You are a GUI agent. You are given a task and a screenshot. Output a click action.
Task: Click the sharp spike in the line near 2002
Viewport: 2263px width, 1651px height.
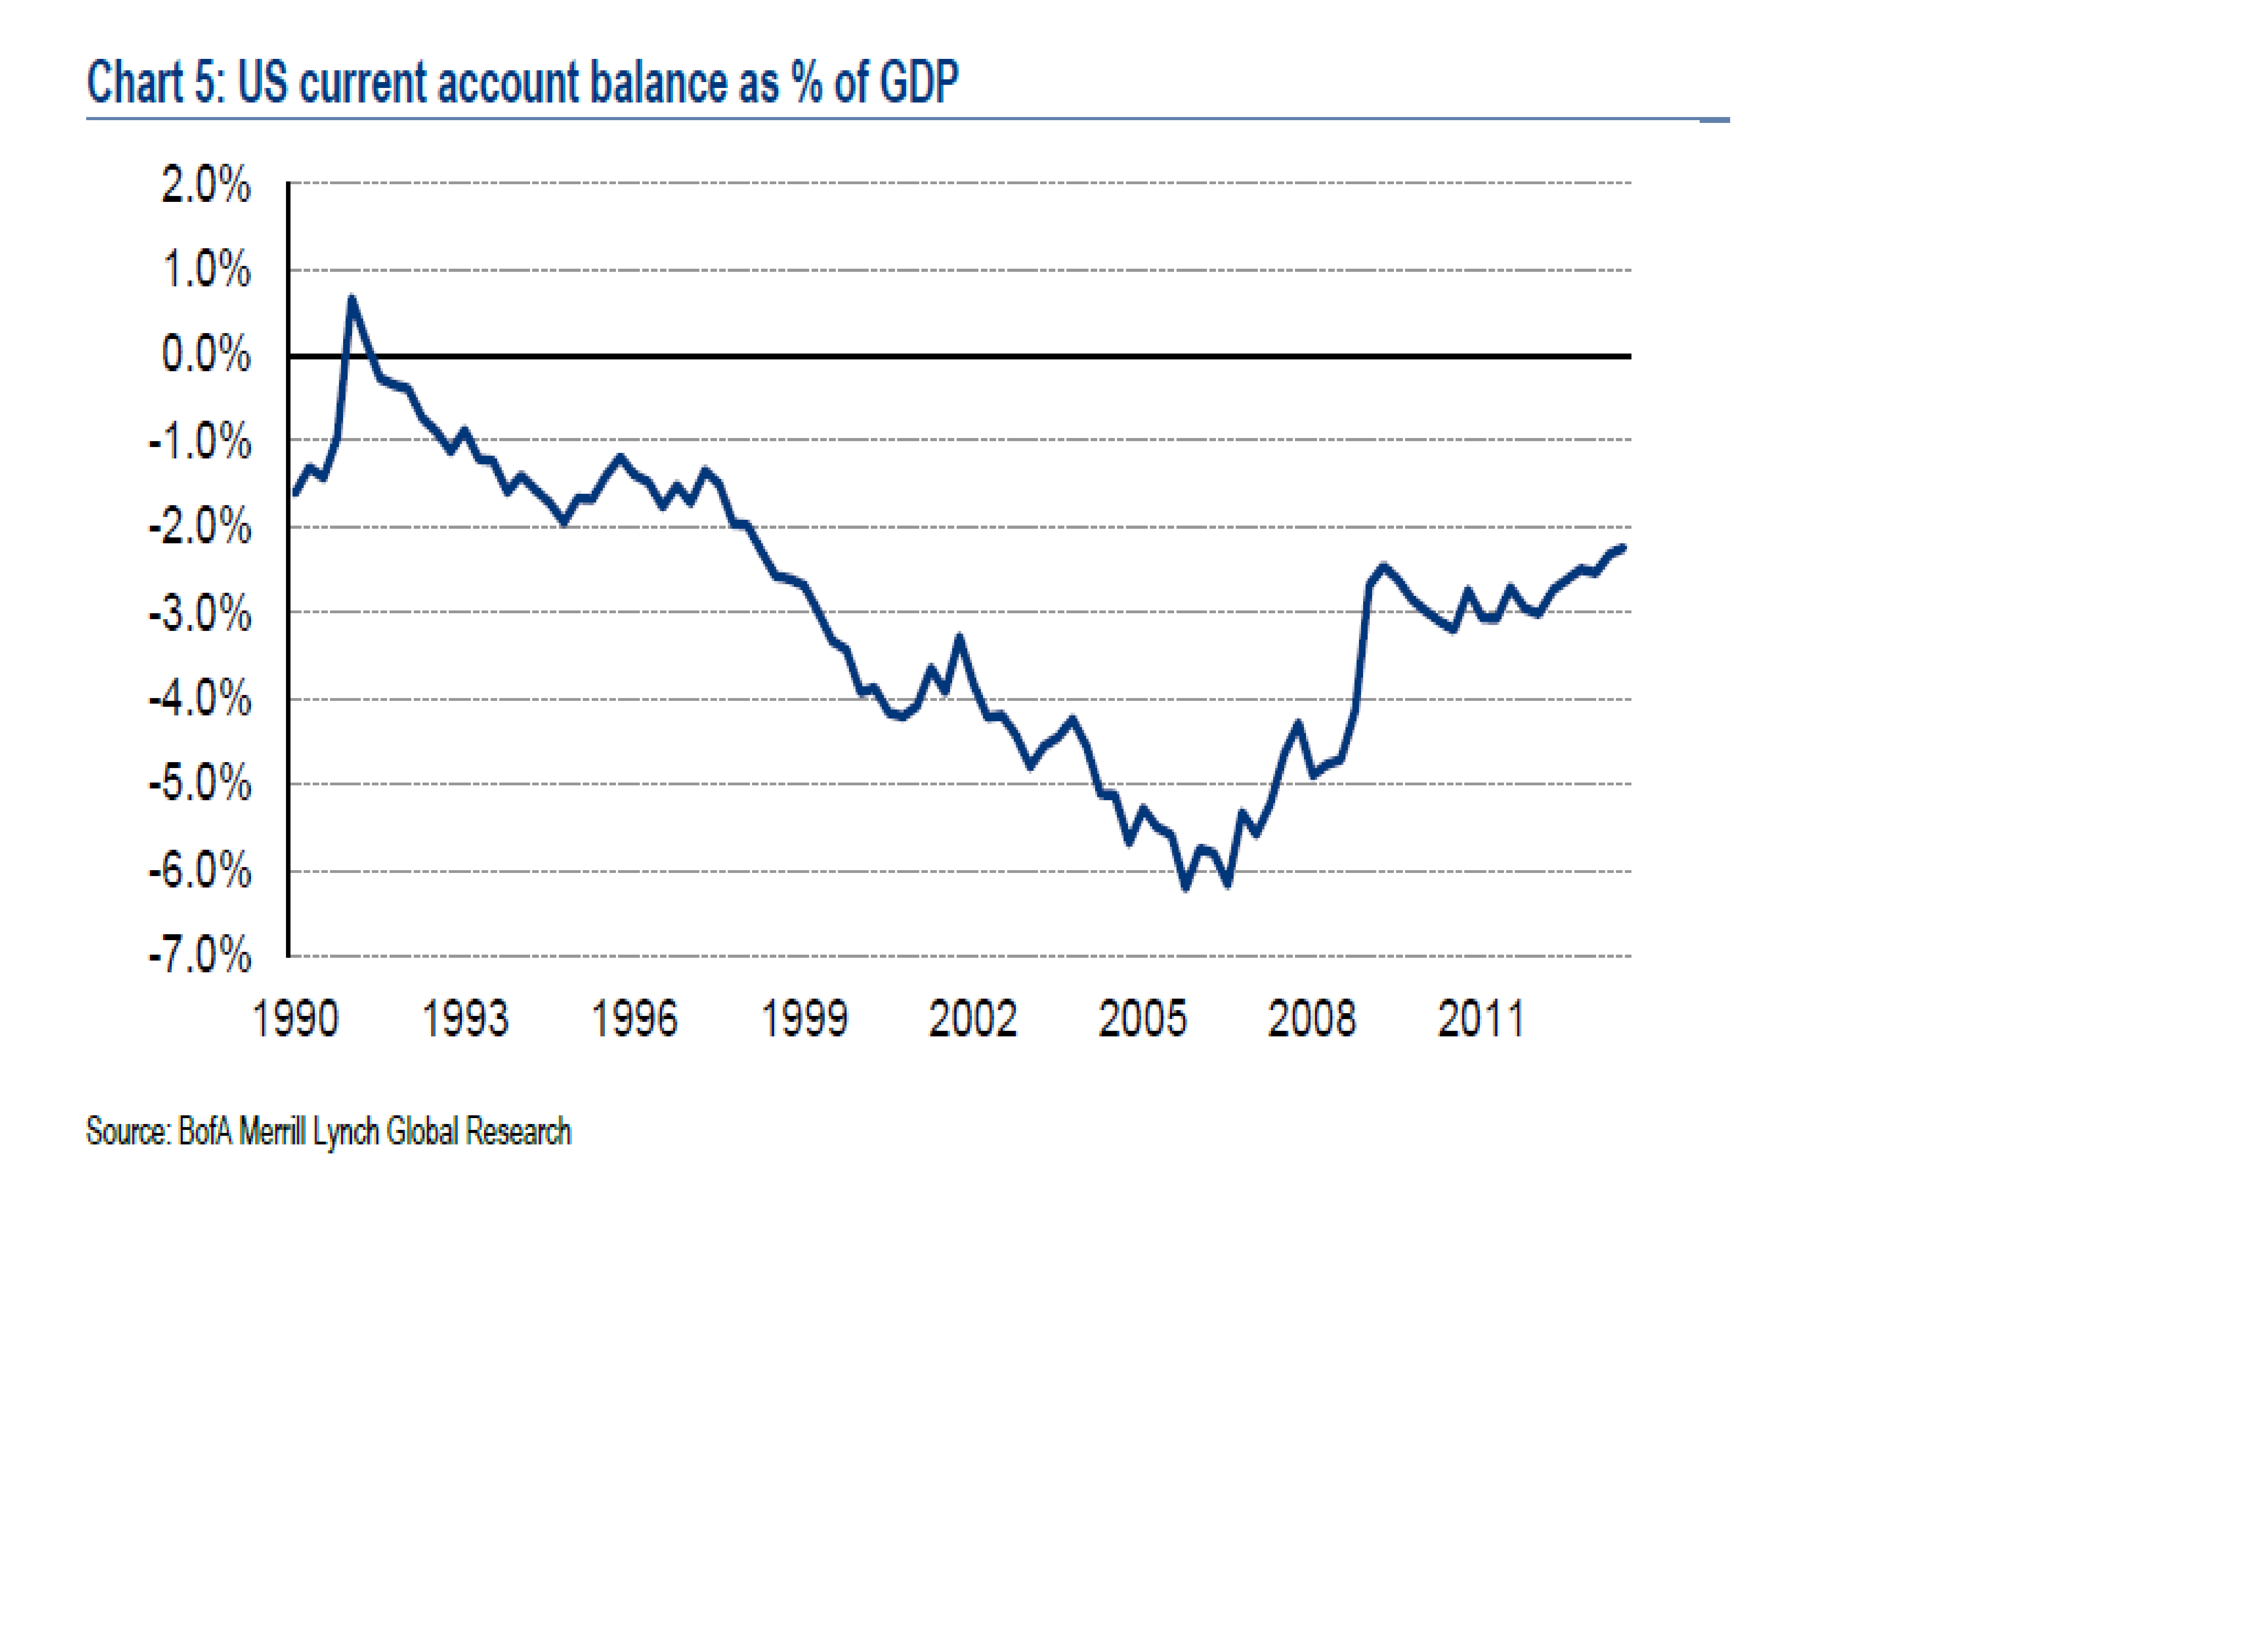(959, 637)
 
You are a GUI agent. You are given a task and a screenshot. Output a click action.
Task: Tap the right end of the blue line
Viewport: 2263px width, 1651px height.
(1622, 547)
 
